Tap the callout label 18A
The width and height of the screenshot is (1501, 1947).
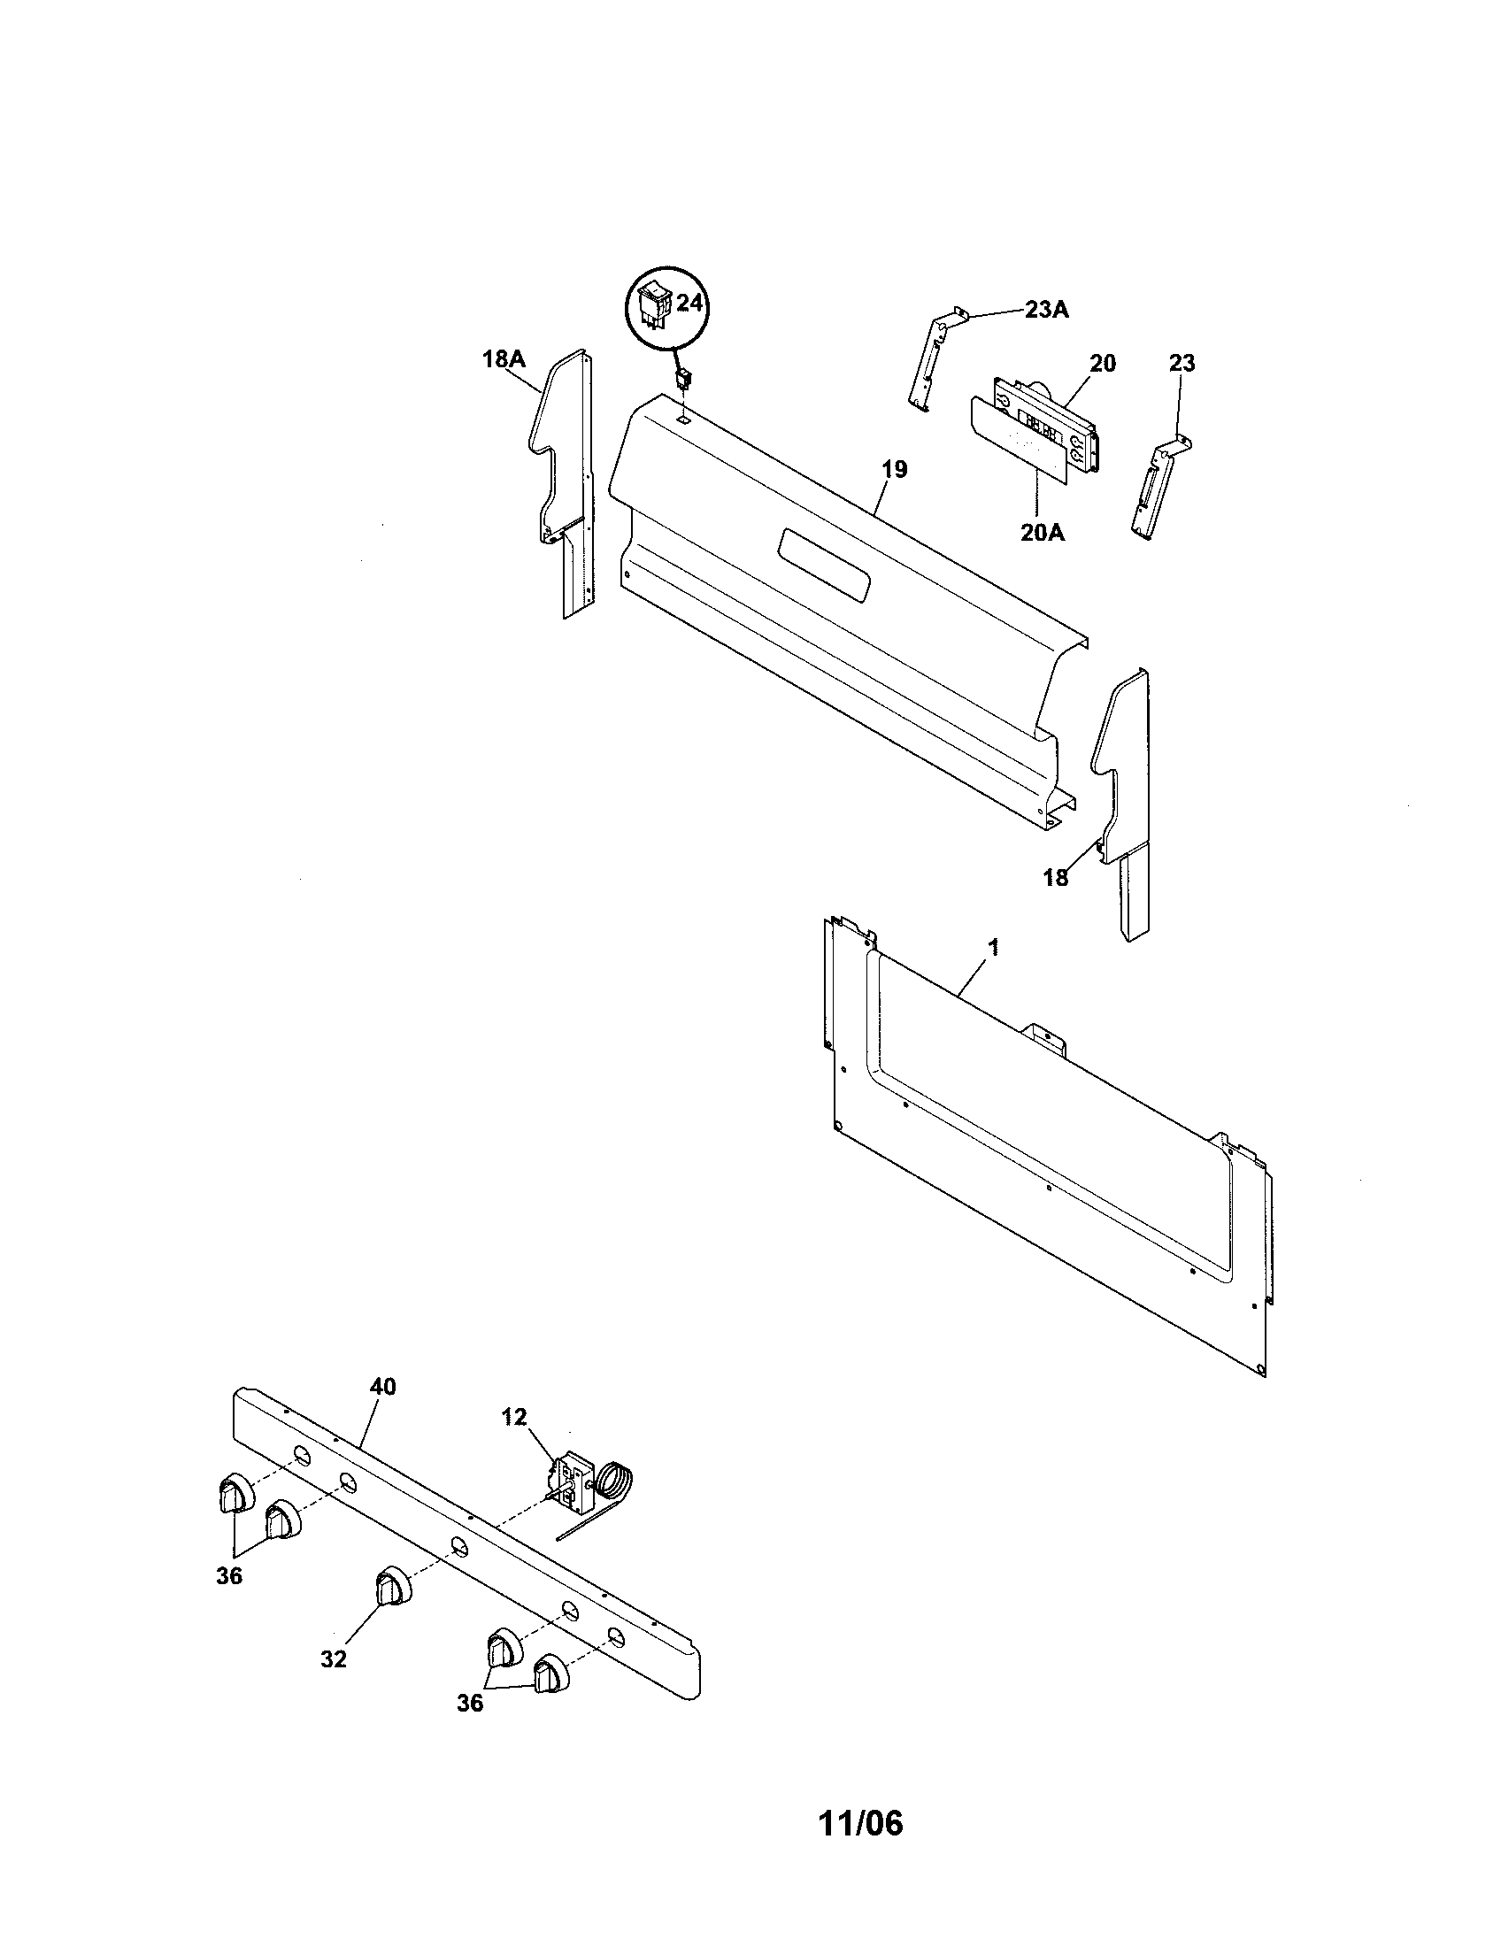[x=504, y=359]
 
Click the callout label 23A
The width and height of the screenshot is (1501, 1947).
[x=1045, y=311]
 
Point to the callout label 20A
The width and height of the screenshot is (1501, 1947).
[x=1042, y=534]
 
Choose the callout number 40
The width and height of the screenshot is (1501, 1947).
[x=382, y=1386]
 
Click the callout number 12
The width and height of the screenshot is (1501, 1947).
[x=513, y=1417]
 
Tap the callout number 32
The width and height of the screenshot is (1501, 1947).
[x=334, y=1658]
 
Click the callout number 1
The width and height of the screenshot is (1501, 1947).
[x=993, y=949]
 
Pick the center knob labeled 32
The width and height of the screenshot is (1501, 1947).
[x=390, y=1588]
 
